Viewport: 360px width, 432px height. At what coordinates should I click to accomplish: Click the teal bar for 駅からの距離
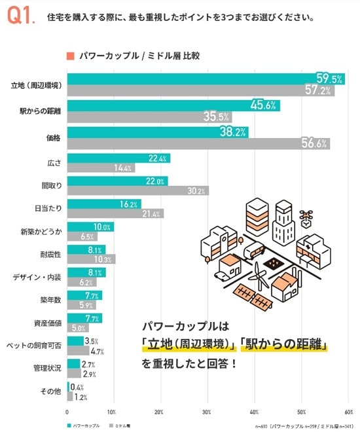coord(173,105)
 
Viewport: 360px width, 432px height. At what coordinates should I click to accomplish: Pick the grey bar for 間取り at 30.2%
coord(137,190)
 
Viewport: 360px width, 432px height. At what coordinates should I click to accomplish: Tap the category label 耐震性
coord(51,254)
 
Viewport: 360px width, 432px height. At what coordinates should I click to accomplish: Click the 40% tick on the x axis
coord(254,412)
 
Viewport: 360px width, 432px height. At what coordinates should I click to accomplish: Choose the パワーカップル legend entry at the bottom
coord(83,425)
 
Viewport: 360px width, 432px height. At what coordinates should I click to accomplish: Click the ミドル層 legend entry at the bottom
coord(121,425)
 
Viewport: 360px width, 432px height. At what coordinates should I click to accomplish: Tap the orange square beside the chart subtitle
coord(69,56)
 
